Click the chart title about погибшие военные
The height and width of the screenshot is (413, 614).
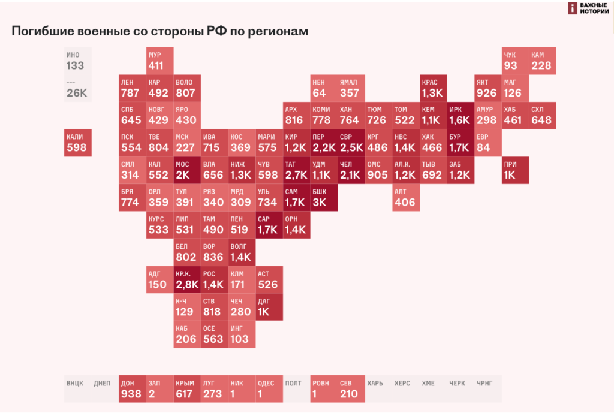pyautogui.click(x=159, y=32)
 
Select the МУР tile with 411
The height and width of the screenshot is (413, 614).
pyautogui.click(x=160, y=61)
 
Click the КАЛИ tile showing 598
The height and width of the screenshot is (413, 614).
pyautogui.click(x=78, y=143)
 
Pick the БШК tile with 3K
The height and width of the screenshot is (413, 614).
pyautogui.click(x=324, y=197)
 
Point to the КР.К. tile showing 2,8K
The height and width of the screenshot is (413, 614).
pyautogui.click(x=187, y=279)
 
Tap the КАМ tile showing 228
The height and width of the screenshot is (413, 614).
pyautogui.click(x=542, y=61)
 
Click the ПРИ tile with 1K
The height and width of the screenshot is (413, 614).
pyautogui.click(x=515, y=170)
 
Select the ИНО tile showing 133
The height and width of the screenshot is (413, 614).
pyautogui.click(x=78, y=61)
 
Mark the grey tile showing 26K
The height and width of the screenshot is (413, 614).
pyautogui.click(x=78, y=88)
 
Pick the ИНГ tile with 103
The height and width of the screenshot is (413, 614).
pyautogui.click(x=242, y=334)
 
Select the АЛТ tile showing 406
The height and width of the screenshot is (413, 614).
pyautogui.click(x=406, y=197)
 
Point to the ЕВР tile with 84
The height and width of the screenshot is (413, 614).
pyautogui.click(x=487, y=143)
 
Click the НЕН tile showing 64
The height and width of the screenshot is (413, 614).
pyautogui.click(x=324, y=88)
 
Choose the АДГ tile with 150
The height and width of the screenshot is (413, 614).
pyautogui.click(x=159, y=279)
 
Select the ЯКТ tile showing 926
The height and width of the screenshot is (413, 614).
pyautogui.click(x=487, y=88)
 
